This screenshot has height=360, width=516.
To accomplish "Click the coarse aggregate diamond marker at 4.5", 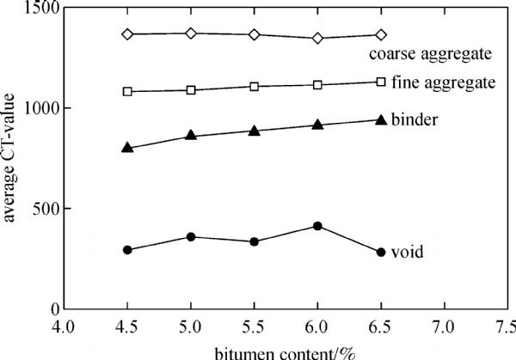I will [127, 34].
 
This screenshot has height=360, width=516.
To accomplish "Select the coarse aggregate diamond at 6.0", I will [317, 38].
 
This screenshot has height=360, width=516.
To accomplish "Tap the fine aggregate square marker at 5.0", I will [191, 89].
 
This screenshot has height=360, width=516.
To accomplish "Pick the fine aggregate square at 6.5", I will [381, 82].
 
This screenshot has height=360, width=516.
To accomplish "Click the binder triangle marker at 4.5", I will [127, 148].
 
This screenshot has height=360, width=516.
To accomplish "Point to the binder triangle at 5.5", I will [255, 131].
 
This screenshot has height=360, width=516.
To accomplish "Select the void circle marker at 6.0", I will [317, 226].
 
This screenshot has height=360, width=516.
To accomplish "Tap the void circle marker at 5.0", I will [191, 236].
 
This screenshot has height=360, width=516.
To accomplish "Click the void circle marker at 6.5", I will [381, 252].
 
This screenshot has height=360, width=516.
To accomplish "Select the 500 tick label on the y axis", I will [44, 209].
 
